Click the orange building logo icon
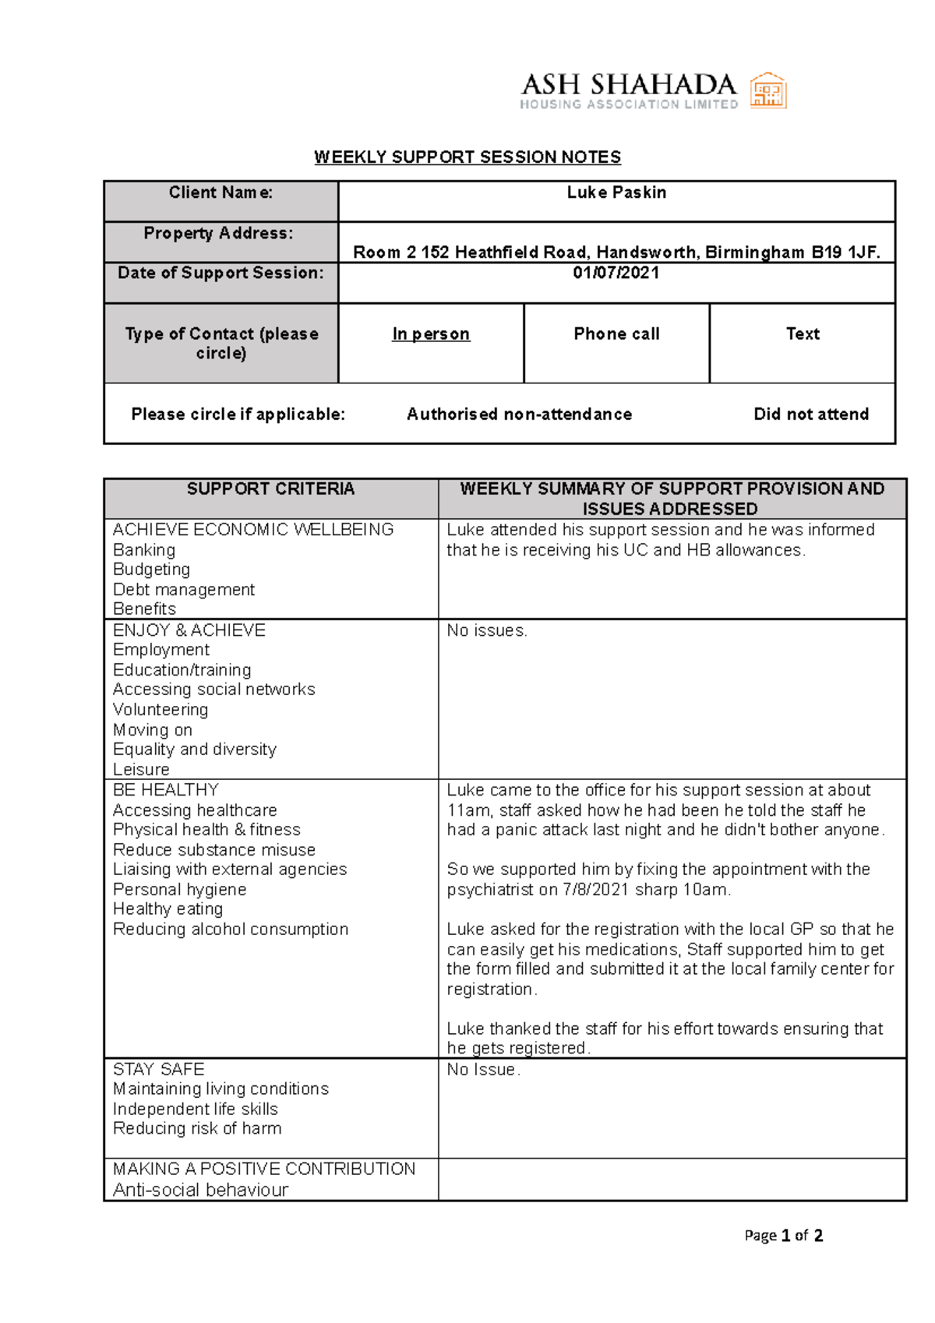(767, 91)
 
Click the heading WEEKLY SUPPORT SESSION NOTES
(467, 157)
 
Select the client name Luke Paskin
(616, 192)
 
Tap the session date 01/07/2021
(616, 273)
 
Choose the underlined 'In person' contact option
(431, 334)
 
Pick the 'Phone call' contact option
(616, 334)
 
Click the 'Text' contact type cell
(803, 334)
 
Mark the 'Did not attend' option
(811, 415)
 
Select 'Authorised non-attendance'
(519, 415)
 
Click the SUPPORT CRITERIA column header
(270, 489)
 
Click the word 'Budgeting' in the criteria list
(151, 570)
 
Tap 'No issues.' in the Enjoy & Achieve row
(487, 631)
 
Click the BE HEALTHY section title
(166, 790)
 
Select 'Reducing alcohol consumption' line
(231, 930)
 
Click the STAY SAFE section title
(159, 1070)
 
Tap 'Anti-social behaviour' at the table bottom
(200, 1190)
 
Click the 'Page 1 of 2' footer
(783, 1236)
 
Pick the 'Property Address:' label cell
(219, 233)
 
